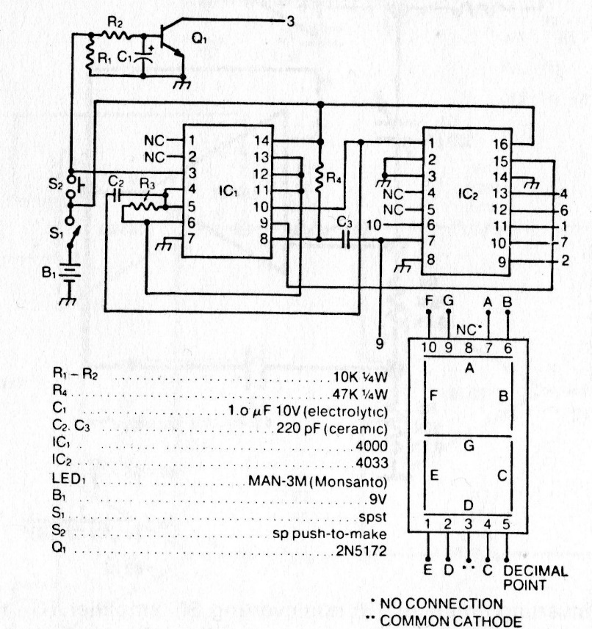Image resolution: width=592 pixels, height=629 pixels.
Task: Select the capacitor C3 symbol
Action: coord(346,239)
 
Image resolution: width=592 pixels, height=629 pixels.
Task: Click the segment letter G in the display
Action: coord(469,445)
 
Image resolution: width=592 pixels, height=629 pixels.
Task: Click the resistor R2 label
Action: coord(115,24)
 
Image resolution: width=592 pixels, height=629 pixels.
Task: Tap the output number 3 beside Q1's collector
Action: coord(290,21)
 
